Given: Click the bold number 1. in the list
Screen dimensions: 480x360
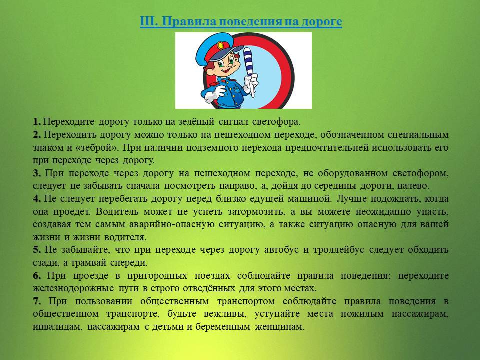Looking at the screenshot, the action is pos(37,122).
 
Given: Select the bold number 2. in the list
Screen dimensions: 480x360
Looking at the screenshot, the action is pos(37,134).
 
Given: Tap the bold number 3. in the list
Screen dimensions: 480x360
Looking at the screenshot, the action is pos(37,173).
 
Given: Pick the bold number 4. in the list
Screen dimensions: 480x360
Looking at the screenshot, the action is pos(37,199).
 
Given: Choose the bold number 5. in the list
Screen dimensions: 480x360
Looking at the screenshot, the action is pos(37,250).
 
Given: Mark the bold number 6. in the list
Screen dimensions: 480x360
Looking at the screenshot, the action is pos(37,276).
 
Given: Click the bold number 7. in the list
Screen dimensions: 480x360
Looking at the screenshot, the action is pos(37,301).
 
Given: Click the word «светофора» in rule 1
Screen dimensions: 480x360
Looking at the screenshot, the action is pos(276,122).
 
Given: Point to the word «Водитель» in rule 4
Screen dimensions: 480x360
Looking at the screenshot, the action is pos(117,212).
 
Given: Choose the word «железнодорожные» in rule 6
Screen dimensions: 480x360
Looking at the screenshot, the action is pos(74,289).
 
